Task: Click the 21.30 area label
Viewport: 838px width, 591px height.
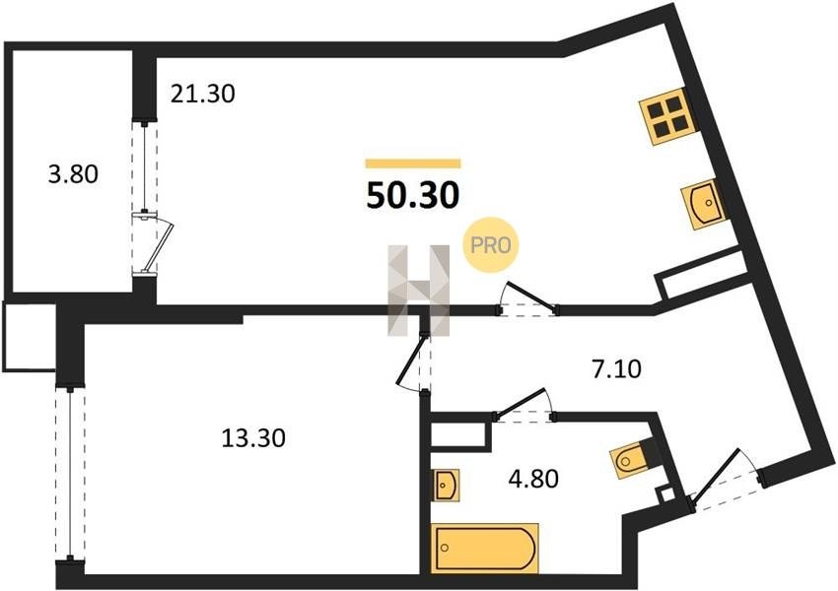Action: tap(203, 95)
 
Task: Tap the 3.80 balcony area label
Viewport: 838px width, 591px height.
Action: tap(73, 174)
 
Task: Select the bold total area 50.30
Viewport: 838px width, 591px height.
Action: tap(412, 196)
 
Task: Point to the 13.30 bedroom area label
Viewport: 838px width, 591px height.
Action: tap(253, 438)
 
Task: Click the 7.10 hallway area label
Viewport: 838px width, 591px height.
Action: tap(615, 369)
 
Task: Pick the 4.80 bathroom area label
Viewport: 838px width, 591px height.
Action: tap(533, 479)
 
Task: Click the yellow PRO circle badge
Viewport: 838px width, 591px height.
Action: tap(491, 245)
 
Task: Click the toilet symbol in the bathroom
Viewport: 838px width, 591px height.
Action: tap(631, 459)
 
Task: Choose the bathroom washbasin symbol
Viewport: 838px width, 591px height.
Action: tap(446, 486)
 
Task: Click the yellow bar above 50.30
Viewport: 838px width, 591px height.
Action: tap(413, 164)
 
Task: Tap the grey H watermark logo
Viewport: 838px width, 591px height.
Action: tap(419, 291)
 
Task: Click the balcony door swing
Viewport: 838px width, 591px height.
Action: tap(158, 244)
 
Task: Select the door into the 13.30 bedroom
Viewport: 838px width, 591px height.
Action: tap(414, 363)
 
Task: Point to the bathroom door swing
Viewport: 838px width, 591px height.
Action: tap(524, 404)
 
